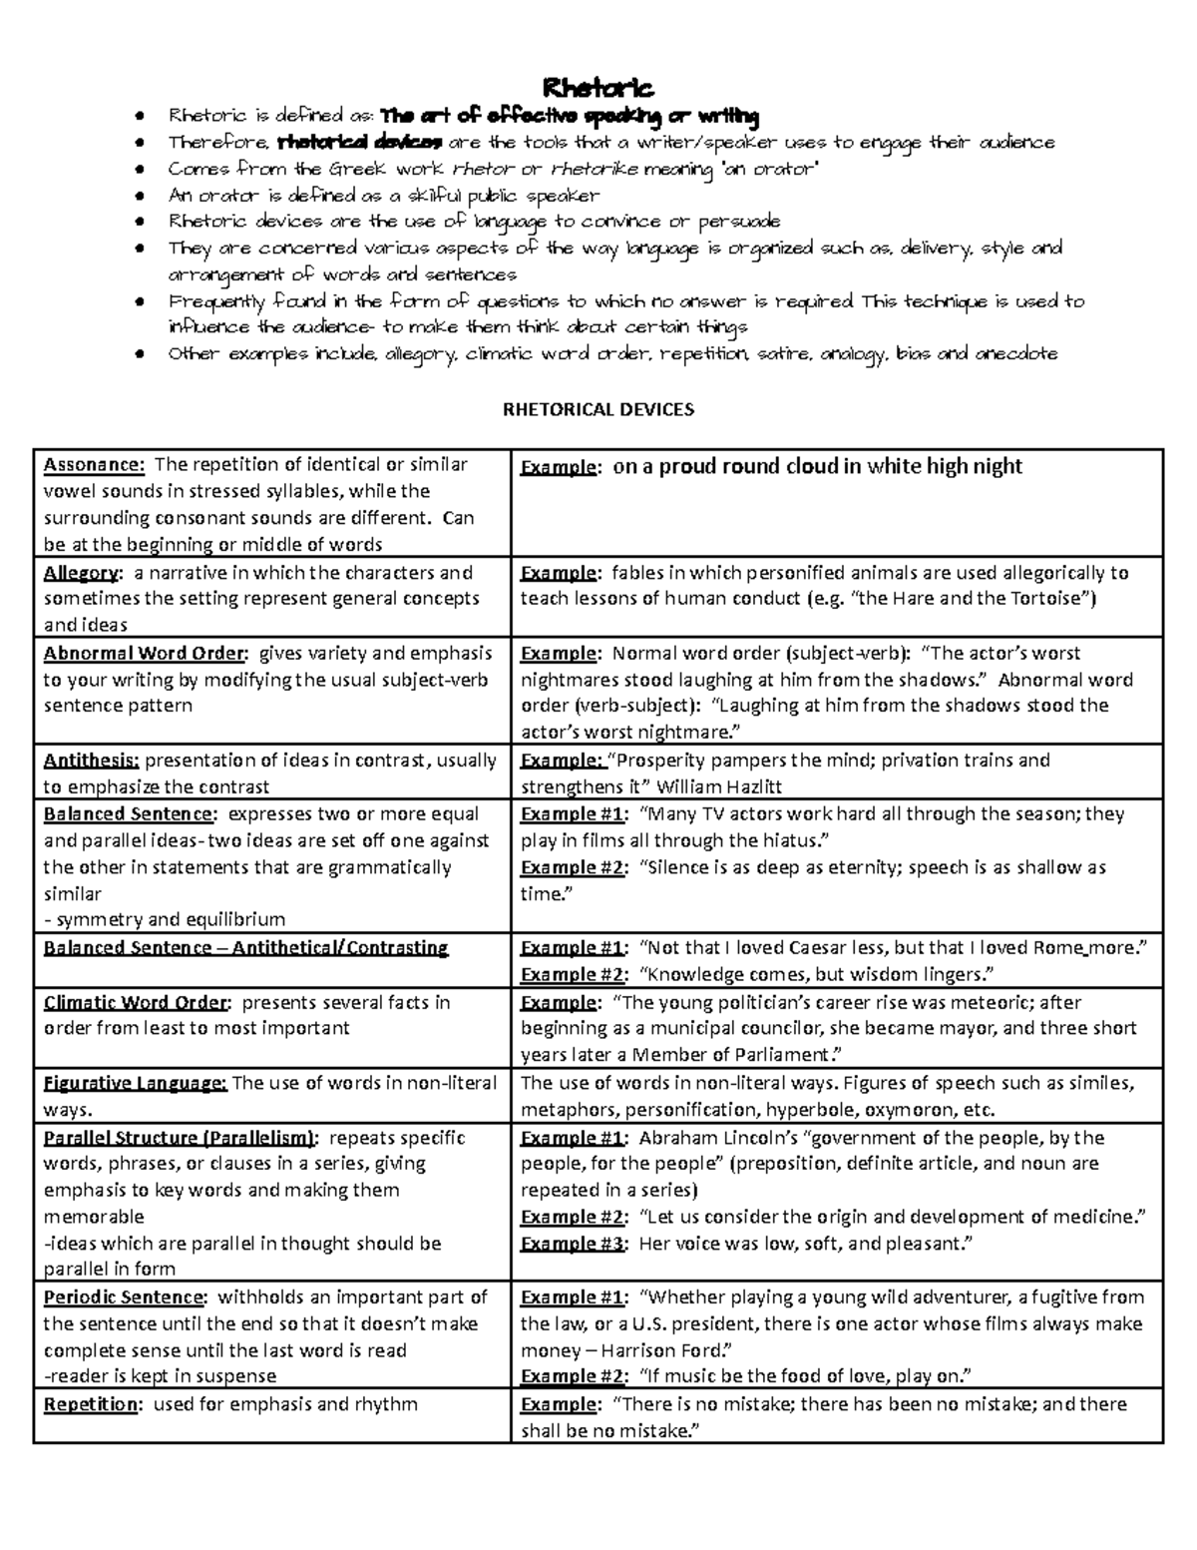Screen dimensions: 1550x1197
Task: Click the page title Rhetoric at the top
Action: click(598, 89)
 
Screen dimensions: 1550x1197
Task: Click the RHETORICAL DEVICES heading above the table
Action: click(598, 409)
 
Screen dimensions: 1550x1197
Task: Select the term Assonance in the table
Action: click(94, 465)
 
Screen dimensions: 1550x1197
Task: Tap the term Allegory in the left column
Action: click(82, 573)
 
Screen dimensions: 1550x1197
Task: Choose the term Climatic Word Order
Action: click(138, 1002)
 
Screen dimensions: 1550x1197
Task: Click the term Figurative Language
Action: click(136, 1083)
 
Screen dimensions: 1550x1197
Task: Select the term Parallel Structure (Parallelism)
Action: click(181, 1138)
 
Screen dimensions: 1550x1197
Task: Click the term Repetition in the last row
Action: click(91, 1404)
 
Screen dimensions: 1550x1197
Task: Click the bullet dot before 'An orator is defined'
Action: click(147, 196)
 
